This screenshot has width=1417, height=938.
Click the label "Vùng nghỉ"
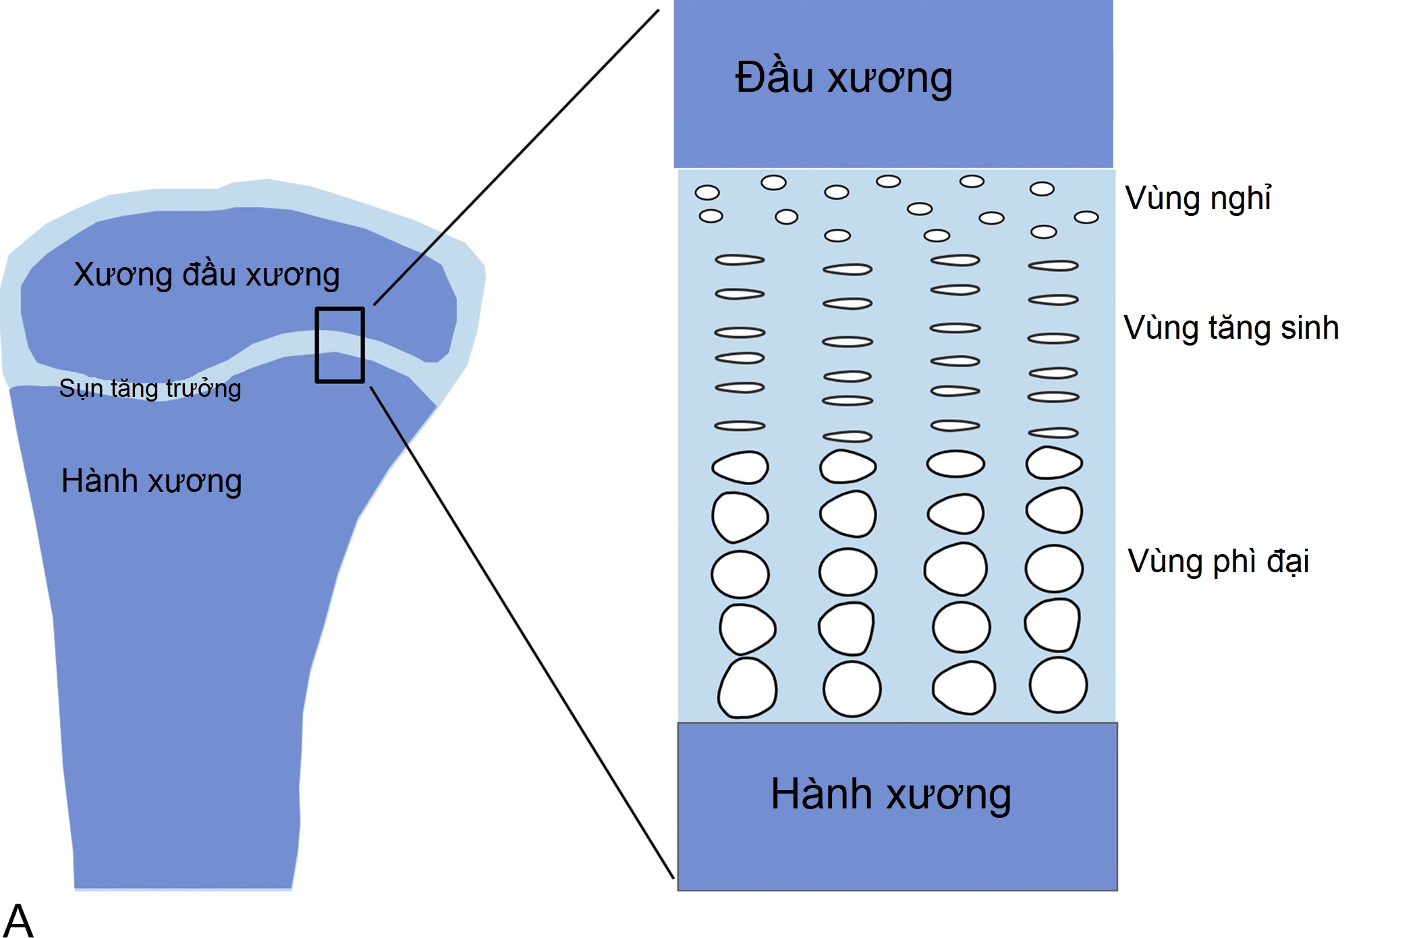(x=1198, y=199)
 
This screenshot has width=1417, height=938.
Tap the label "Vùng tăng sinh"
(x=1231, y=329)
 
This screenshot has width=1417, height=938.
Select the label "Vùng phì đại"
(x=1218, y=562)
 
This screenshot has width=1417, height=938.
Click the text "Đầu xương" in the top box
(x=843, y=78)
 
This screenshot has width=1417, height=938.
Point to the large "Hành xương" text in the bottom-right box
(x=891, y=794)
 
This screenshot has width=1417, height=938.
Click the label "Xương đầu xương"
(x=206, y=275)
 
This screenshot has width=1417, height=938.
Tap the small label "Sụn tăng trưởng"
(x=150, y=389)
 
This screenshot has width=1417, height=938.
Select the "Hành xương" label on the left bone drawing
(x=151, y=482)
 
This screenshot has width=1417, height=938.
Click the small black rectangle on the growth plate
(x=340, y=345)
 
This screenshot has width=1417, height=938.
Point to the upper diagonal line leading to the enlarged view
(x=516, y=157)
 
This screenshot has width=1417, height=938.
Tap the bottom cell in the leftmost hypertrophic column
(x=747, y=688)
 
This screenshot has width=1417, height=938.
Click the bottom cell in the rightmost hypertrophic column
(x=1058, y=685)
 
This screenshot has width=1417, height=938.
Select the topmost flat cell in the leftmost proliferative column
(x=740, y=260)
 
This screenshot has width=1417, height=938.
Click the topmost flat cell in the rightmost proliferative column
(x=1053, y=266)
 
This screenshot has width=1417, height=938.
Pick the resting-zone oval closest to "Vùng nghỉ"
(x=1086, y=217)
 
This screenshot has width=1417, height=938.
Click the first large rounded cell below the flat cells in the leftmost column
(x=740, y=467)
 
